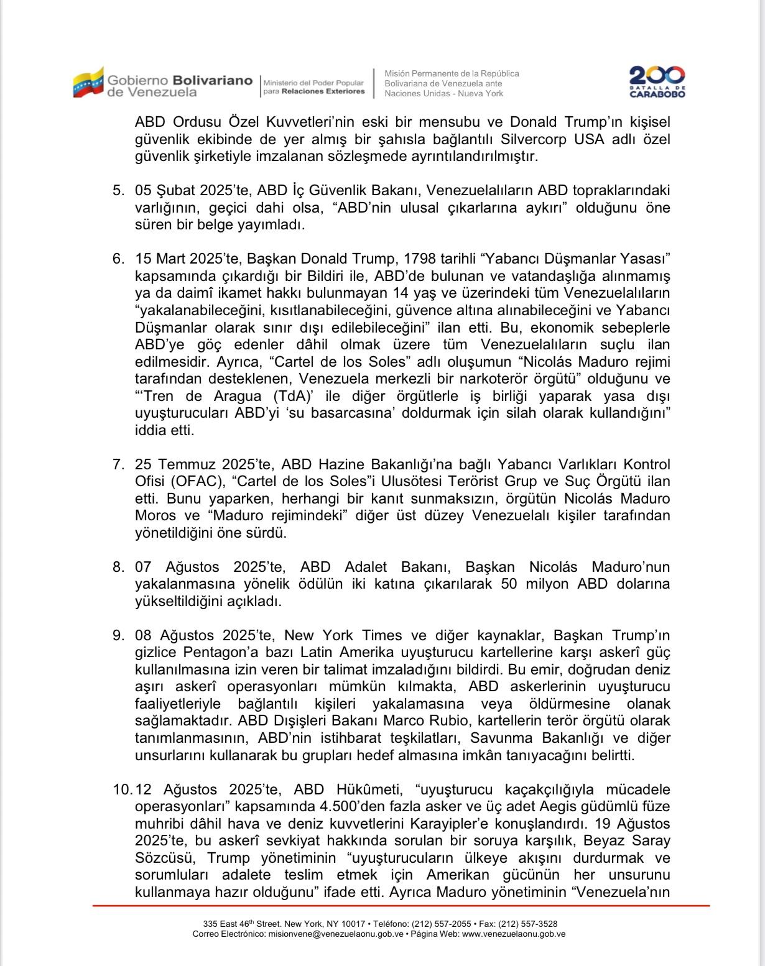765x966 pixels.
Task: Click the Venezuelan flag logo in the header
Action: point(88,82)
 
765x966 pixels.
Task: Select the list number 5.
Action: point(118,190)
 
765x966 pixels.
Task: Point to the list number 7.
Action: point(118,464)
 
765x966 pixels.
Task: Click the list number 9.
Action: point(118,635)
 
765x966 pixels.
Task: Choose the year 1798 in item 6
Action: point(423,259)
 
